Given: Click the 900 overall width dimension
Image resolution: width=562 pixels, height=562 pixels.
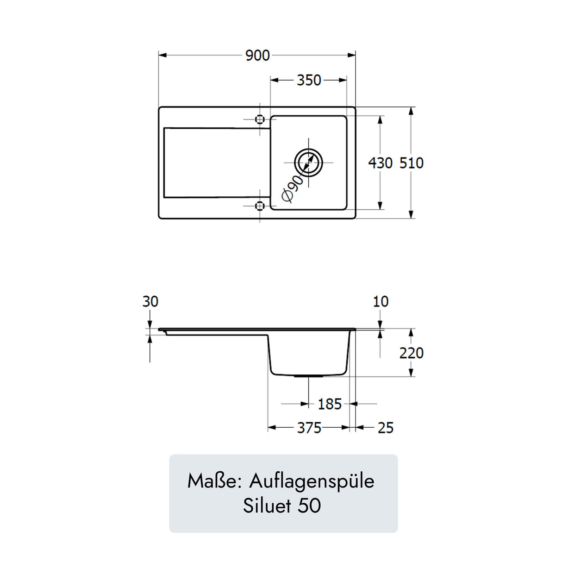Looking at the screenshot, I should click(x=257, y=56).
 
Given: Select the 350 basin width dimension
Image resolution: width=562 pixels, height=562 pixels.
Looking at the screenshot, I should click(x=309, y=80).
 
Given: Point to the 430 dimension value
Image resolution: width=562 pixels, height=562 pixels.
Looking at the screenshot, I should click(x=380, y=163).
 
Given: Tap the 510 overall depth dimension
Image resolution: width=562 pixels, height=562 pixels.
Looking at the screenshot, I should click(x=411, y=163).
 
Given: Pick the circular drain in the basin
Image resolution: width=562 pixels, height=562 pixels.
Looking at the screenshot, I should click(x=308, y=162).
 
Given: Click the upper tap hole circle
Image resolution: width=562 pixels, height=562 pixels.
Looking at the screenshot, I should click(x=260, y=119).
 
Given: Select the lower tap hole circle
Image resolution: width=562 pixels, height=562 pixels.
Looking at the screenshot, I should click(x=260, y=205).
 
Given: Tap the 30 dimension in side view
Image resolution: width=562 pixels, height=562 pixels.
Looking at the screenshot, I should click(x=150, y=302).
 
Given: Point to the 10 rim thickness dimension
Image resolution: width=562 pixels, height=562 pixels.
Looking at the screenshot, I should click(x=381, y=302).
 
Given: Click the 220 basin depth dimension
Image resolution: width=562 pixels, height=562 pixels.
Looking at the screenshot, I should click(x=411, y=353).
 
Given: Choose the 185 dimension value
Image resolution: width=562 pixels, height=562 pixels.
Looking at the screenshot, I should click(x=329, y=404).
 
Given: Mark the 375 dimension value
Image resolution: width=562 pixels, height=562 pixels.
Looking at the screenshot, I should click(x=309, y=428).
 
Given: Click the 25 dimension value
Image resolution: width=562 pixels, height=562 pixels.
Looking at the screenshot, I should click(x=385, y=428).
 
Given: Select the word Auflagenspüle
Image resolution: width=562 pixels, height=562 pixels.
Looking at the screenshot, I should click(x=312, y=481).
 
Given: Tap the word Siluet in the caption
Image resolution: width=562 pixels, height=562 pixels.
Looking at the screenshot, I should click(x=267, y=506).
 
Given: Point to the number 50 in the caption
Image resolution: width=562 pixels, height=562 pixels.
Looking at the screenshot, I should click(x=309, y=506).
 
